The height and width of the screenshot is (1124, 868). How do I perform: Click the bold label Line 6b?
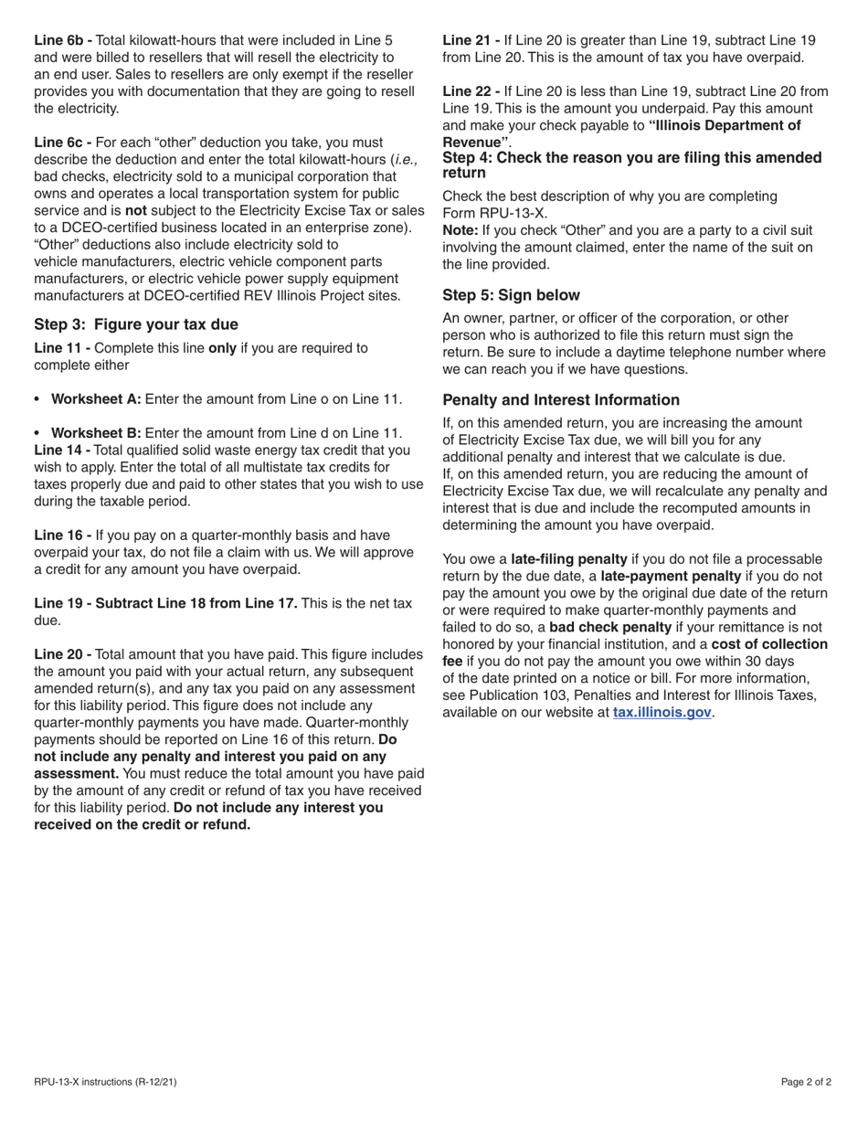coord(62,40)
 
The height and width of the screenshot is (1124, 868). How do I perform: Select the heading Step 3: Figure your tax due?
coord(135,324)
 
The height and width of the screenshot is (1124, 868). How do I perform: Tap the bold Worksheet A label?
coord(96,399)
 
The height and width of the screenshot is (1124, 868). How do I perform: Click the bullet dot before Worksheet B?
coord(37,433)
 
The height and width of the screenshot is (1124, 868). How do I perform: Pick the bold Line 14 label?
coord(62,450)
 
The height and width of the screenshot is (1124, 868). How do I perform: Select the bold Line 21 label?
coord(471,40)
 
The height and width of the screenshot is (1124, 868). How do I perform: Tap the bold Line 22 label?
coord(471,91)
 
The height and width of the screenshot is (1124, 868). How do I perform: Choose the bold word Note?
coord(460,230)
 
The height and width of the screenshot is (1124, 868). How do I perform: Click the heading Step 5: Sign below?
coord(511,295)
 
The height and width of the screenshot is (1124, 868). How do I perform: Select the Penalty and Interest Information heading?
coord(560,400)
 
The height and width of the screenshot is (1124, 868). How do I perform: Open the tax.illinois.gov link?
coord(662,713)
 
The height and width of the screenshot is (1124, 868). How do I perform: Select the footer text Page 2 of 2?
coord(806,1083)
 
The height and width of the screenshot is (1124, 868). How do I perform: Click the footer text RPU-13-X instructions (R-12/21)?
coord(105,1083)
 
